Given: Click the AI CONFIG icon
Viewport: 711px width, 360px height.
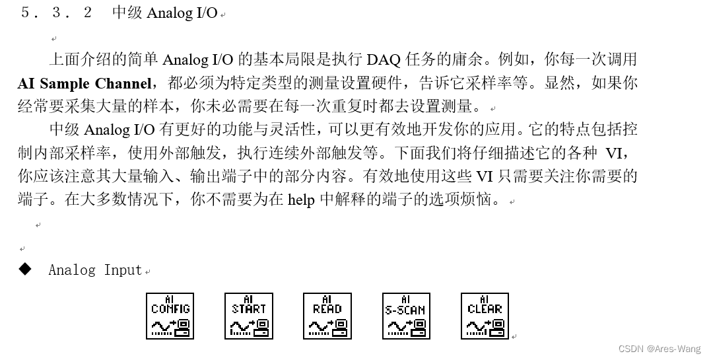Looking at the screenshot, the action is point(170,316).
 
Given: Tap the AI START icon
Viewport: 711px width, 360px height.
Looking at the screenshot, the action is point(249,316).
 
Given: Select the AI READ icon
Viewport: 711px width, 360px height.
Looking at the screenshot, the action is point(327,316).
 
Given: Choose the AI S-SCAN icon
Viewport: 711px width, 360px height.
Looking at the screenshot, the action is point(406,316).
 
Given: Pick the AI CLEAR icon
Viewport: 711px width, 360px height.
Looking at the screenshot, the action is point(485,316).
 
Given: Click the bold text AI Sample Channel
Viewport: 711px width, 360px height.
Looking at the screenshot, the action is point(85,83).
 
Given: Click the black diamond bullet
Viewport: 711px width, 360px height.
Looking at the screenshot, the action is point(25,269).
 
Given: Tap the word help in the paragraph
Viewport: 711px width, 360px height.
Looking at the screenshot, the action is point(301,199).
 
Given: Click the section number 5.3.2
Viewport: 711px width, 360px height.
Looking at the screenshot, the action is point(57,13).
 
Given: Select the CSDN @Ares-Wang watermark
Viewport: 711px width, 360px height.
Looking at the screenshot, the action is point(660,349).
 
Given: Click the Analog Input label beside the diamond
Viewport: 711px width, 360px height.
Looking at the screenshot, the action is point(95,270).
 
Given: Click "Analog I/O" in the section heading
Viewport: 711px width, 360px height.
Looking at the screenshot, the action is point(182,13).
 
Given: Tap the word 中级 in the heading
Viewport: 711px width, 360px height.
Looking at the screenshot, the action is point(127,13).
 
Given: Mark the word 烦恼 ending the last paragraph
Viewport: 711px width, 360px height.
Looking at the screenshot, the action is point(477,199).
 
